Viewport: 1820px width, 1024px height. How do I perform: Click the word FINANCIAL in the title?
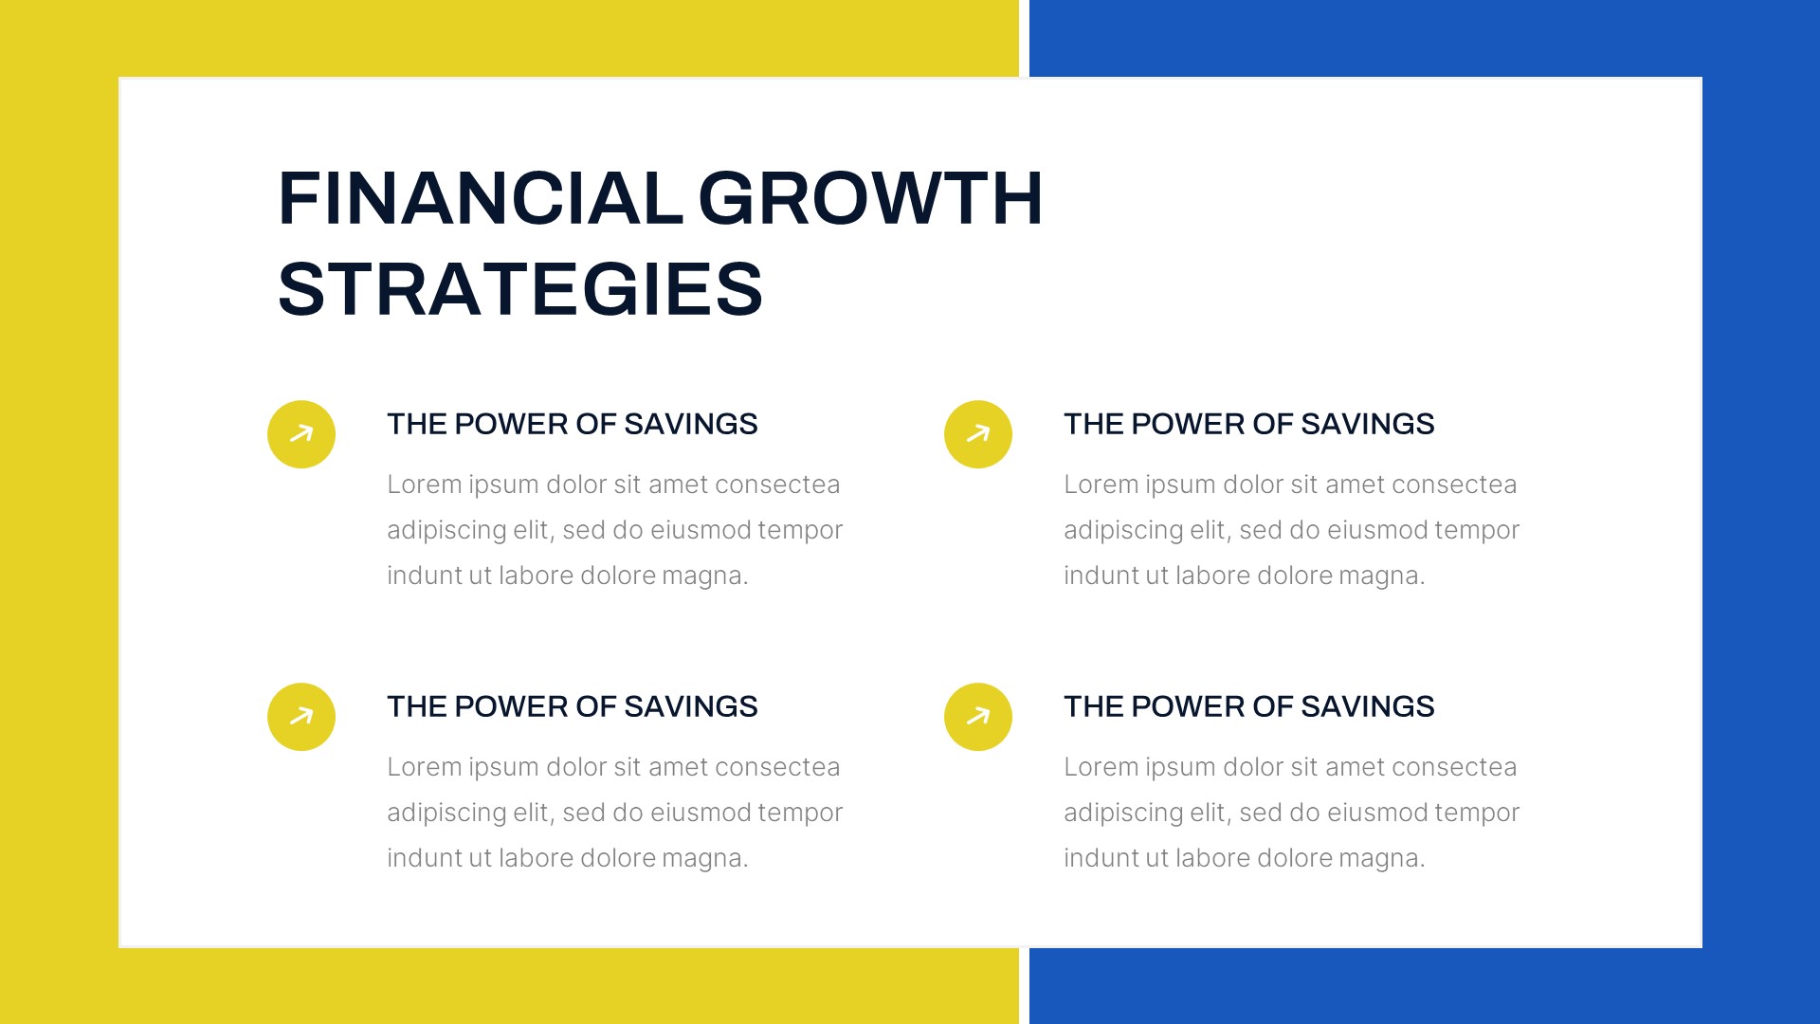[x=479, y=199]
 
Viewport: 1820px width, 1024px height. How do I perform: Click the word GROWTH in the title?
[x=870, y=199]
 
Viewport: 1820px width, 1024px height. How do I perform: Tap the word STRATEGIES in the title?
[x=519, y=290]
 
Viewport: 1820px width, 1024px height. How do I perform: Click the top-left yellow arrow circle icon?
[x=301, y=434]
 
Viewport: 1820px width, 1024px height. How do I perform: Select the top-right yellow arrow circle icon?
[x=978, y=434]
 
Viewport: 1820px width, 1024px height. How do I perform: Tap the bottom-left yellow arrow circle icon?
[x=301, y=717]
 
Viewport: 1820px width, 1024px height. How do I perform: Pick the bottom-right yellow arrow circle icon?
[x=978, y=717]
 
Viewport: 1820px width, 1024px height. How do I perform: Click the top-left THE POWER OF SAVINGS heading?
[x=572, y=424]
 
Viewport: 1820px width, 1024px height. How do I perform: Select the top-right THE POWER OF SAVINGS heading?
[x=1248, y=424]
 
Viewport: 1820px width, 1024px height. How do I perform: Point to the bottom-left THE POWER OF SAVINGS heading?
[x=572, y=706]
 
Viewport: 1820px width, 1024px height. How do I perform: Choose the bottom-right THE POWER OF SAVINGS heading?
[x=1248, y=706]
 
